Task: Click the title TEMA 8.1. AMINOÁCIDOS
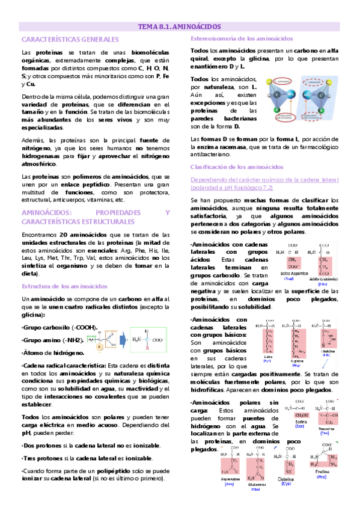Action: (x=180, y=26)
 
